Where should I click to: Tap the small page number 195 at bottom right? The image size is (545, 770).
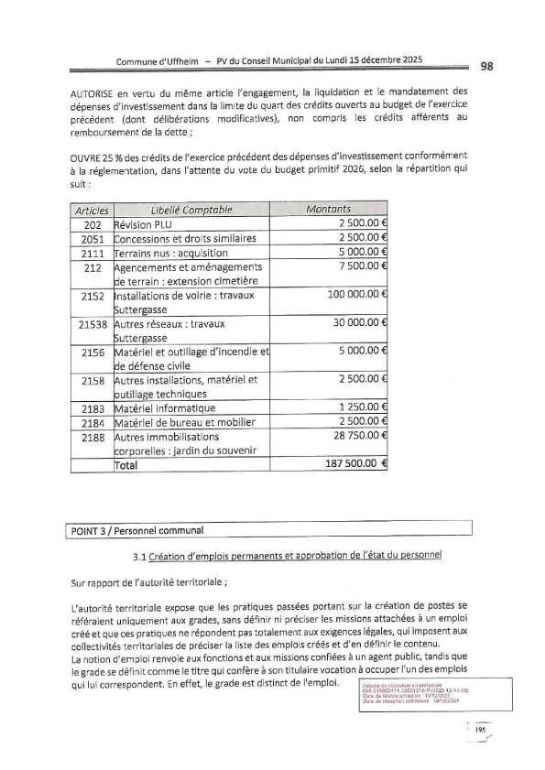[479, 729]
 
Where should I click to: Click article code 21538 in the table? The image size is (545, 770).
[92, 324]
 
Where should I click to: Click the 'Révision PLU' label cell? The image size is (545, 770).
[140, 224]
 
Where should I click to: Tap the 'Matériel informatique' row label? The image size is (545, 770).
[165, 407]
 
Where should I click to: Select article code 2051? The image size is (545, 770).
[92, 239]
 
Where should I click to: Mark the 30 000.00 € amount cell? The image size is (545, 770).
[356, 324]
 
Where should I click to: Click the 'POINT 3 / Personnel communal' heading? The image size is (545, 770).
[137, 530]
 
